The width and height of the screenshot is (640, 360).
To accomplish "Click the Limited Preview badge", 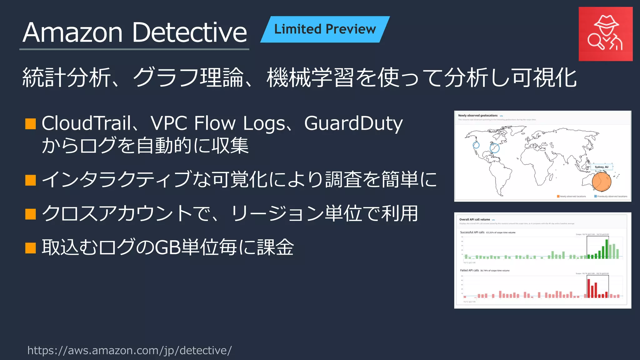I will [x=325, y=29].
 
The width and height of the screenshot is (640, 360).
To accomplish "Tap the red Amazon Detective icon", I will [x=605, y=34].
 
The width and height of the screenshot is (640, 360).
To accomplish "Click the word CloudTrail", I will [x=86, y=123].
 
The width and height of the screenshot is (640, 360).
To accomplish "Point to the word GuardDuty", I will [x=353, y=123].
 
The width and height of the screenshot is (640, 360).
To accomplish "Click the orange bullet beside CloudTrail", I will [x=31, y=124].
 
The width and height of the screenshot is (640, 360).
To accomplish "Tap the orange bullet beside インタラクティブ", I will [x=31, y=180].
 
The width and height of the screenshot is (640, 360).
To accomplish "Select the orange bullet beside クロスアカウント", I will [x=31, y=214].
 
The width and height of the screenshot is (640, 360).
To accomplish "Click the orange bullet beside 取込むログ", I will [x=31, y=247].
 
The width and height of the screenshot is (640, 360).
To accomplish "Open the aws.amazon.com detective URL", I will [x=129, y=350].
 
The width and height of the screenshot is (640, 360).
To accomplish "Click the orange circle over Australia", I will [x=601, y=182].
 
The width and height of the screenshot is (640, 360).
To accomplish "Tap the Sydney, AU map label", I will [x=602, y=167].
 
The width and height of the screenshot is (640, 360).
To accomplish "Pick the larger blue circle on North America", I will [x=494, y=148].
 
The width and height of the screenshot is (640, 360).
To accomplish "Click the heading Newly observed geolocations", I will [x=477, y=116].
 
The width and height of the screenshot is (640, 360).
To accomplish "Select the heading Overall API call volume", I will [x=474, y=220].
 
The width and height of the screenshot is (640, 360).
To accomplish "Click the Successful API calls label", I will [x=472, y=232].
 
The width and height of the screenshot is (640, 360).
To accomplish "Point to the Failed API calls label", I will [x=469, y=271].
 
